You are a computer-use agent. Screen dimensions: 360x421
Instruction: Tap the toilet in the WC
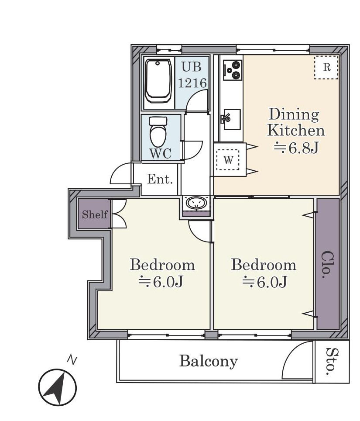[158, 131]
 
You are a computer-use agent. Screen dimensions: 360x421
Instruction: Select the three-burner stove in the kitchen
[232, 70]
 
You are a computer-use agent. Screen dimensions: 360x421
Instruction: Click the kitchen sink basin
[232, 119]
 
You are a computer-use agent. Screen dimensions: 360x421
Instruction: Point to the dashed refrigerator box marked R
[326, 67]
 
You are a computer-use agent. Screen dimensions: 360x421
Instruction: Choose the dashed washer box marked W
[228, 160]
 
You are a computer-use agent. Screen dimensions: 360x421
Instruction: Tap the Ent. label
[160, 179]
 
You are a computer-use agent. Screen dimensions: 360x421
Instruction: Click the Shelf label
[95, 214]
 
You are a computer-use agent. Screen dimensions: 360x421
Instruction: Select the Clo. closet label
[327, 265]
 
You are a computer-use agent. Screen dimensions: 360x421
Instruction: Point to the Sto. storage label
[332, 362]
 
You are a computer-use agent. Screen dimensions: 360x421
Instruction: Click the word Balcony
[209, 362]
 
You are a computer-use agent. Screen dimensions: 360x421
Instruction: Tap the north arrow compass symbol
[58, 388]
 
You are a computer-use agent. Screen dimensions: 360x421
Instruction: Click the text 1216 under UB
[192, 83]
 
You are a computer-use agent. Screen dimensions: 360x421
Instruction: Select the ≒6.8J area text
[296, 148]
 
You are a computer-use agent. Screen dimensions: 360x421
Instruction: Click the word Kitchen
[296, 131]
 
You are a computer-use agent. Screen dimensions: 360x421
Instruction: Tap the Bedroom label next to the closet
[264, 265]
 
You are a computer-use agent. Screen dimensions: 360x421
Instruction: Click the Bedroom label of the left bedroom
[162, 265]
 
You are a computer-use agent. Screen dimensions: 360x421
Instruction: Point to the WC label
[161, 153]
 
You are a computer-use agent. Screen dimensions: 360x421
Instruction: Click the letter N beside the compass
[72, 360]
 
